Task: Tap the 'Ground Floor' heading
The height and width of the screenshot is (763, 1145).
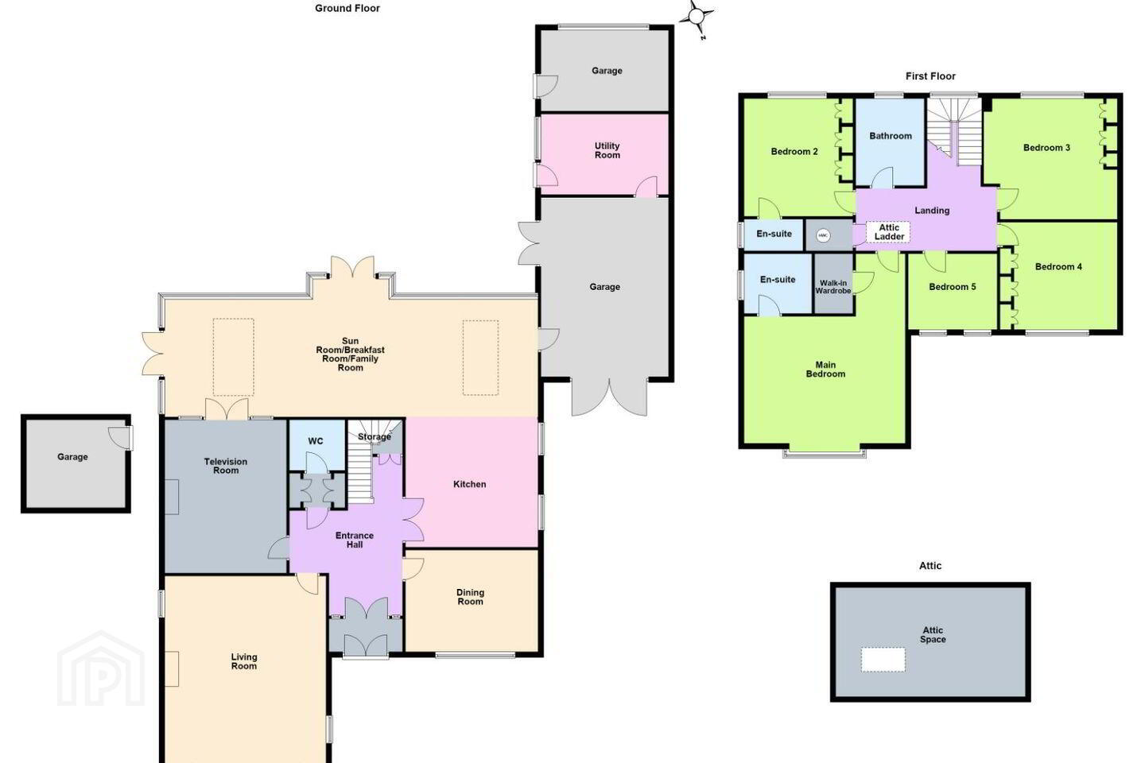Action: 347,8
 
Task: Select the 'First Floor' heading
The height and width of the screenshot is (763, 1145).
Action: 930,76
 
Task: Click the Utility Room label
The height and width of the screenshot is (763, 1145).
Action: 607,150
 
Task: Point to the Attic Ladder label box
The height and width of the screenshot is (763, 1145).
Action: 888,232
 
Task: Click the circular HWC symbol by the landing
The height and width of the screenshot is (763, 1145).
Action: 822,235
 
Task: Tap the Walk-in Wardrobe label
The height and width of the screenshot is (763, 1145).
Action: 833,287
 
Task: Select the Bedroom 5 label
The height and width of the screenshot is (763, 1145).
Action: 953,287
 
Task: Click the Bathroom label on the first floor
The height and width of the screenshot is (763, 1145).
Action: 891,136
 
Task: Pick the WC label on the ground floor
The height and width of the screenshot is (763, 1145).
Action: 316,441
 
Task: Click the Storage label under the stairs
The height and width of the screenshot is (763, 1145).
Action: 375,437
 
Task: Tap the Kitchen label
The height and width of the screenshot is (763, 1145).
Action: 469,484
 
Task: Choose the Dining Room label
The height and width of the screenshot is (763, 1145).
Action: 470,597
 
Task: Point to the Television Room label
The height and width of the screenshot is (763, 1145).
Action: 226,466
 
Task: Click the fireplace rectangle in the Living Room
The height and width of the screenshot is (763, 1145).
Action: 172,669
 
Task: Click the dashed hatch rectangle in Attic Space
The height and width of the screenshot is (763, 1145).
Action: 883,659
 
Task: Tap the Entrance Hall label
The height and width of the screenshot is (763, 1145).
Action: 355,540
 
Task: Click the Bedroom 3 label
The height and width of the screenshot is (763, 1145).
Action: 1046,148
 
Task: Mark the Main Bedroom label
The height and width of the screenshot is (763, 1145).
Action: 825,369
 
